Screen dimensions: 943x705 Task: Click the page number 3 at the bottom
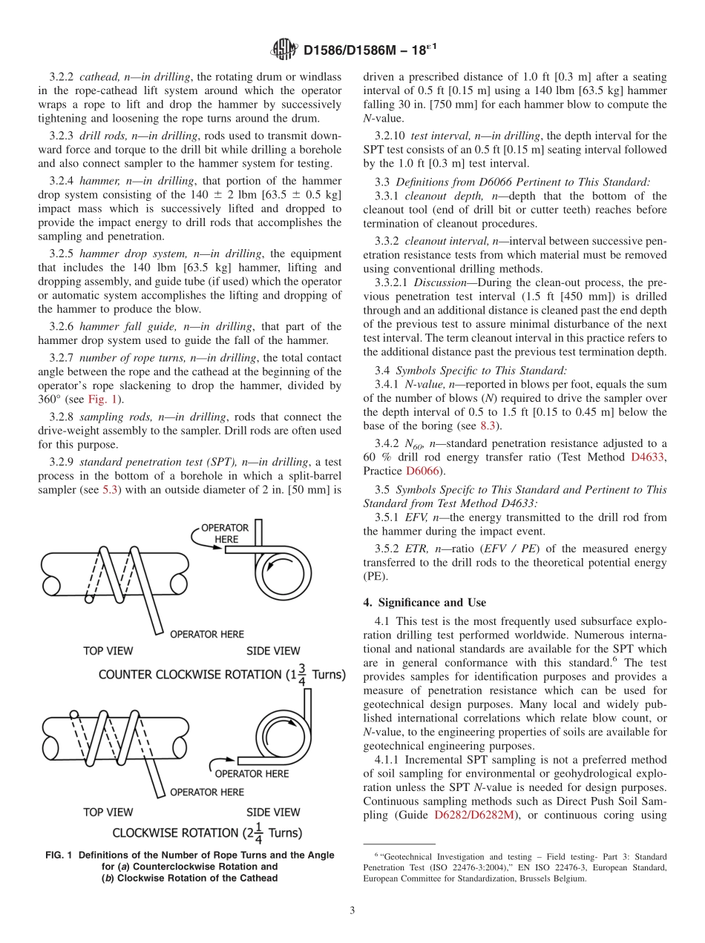tap(352, 910)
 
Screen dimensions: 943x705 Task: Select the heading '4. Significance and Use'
tap(424, 602)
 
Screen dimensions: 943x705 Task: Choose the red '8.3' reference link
tap(488, 426)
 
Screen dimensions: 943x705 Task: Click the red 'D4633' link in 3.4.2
tap(648, 457)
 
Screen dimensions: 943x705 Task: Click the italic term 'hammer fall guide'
tap(120, 326)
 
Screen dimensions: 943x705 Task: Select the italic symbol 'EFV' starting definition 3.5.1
tap(416, 517)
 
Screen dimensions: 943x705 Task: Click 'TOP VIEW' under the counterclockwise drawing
tap(108, 651)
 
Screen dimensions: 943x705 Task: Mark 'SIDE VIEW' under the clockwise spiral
tap(273, 813)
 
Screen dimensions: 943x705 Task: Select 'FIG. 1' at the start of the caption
tap(58, 855)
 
